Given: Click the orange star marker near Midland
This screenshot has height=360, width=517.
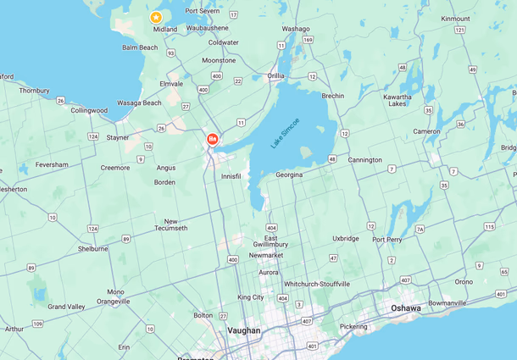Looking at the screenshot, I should (x=156, y=17).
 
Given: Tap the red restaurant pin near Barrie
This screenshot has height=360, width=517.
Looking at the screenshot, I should (x=212, y=138).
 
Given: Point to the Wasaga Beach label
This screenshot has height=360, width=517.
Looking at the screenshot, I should (x=140, y=103).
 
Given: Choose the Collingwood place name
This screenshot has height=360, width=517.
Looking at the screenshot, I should (x=89, y=110).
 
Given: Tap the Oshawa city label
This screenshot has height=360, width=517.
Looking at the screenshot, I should (x=405, y=308).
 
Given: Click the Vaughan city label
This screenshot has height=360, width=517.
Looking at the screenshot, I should (x=244, y=330).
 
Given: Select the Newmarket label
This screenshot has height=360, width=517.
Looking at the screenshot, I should (x=265, y=255).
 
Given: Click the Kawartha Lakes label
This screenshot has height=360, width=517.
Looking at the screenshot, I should (x=397, y=100).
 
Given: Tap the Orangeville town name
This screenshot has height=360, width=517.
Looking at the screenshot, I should (x=114, y=301).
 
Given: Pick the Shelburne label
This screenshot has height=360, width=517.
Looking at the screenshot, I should (x=92, y=249).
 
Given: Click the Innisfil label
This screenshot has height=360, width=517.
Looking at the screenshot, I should (x=231, y=176).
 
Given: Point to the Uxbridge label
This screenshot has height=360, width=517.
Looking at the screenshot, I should (x=346, y=239).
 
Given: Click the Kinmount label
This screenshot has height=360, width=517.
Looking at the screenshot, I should (x=455, y=19).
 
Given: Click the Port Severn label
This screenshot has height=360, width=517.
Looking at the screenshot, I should (x=203, y=11).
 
